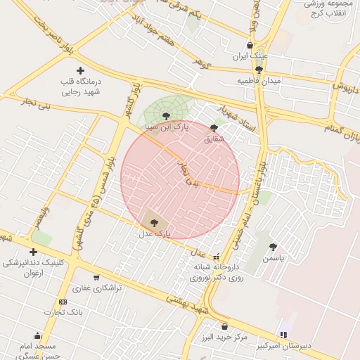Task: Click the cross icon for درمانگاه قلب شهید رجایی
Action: [x=80, y=70]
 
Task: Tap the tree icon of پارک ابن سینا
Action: [x=166, y=116]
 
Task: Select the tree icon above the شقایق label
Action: [x=214, y=128]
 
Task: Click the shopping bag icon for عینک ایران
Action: [x=250, y=45]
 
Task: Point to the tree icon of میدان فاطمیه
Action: [x=259, y=70]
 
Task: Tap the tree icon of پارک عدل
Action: [x=154, y=221]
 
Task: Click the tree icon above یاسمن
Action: [x=273, y=247]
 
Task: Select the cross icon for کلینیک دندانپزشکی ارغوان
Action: [x=33, y=252]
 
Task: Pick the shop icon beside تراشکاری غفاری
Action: [x=96, y=277]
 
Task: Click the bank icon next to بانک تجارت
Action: [x=63, y=302]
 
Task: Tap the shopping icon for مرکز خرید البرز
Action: [x=224, y=326]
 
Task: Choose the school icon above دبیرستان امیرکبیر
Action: [x=283, y=335]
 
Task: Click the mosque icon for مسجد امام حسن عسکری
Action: [x=37, y=336]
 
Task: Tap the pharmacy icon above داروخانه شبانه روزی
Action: [x=216, y=257]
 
